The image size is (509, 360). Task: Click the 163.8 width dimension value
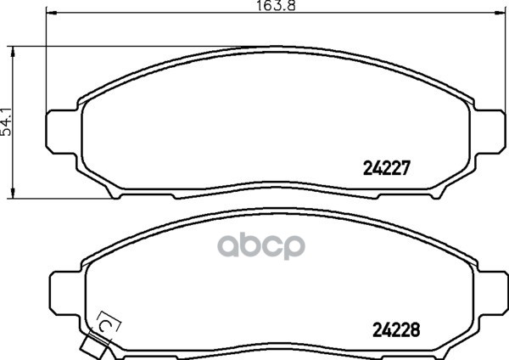click(x=276, y=6)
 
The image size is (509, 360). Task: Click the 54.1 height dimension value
click(x=7, y=122)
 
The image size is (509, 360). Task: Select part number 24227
click(x=387, y=168)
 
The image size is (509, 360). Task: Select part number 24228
click(x=396, y=330)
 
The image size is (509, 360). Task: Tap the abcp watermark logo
click(x=261, y=245)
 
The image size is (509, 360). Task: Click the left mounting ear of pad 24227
click(x=62, y=132)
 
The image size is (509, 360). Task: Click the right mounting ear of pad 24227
click(x=490, y=132)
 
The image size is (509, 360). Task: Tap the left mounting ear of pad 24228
click(x=66, y=293)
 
